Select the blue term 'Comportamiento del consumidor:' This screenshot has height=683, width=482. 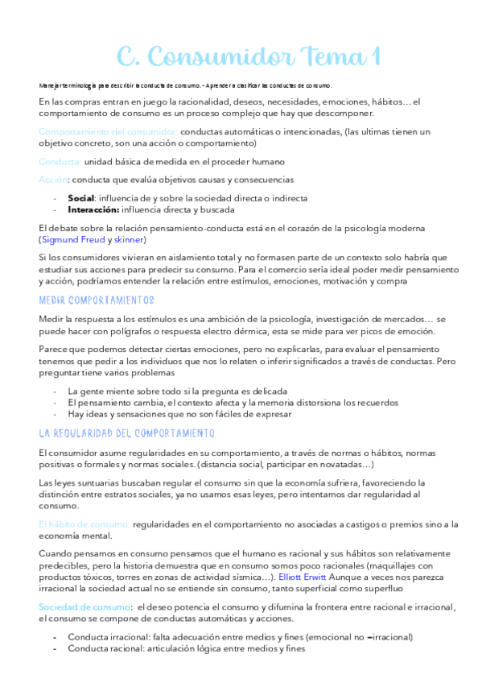coord(108,131)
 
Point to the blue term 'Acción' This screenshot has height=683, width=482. coord(51,180)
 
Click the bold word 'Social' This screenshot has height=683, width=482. coord(81,197)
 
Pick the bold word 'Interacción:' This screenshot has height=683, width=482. coord(93,209)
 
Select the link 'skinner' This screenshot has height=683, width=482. coord(129,239)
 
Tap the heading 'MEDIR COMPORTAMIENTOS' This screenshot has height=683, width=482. coord(96,300)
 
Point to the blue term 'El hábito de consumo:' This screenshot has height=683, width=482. coord(84,524)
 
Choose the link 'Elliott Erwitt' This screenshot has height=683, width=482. coord(306,577)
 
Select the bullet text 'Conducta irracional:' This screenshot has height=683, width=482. coord(110,636)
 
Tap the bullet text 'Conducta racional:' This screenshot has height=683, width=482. coord(107,648)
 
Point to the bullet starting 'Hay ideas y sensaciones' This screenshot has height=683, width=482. coord(179,414)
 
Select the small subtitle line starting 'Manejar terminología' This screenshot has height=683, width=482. coord(185,85)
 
